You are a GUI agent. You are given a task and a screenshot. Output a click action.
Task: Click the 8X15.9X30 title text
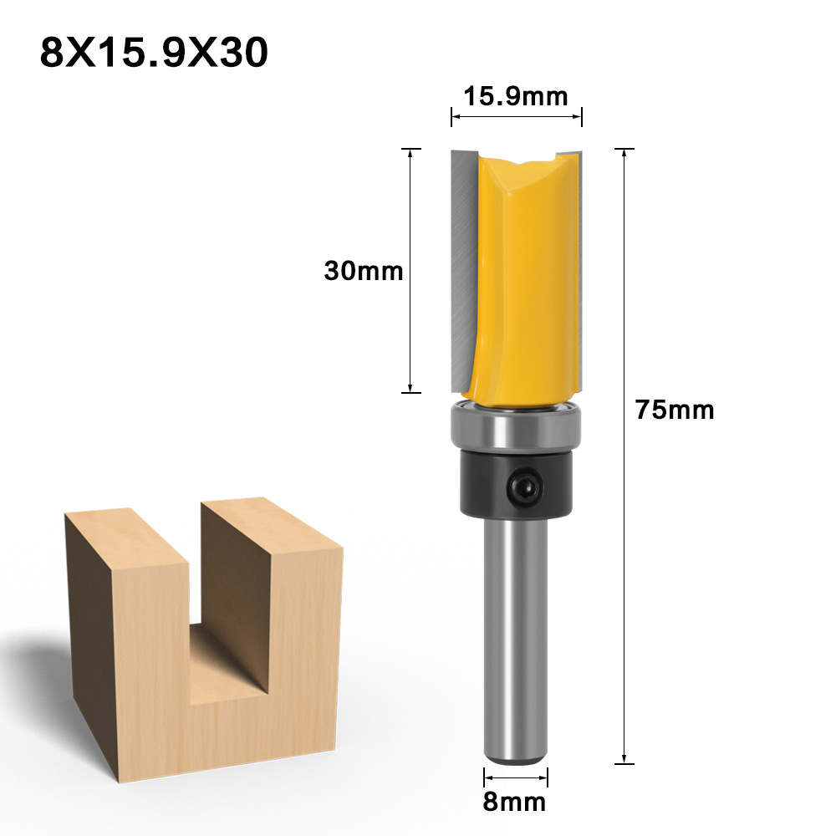pyautogui.click(x=154, y=53)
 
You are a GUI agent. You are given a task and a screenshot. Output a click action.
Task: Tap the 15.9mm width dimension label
pyautogui.click(x=516, y=96)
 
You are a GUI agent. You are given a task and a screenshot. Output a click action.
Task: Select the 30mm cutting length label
pyautogui.click(x=364, y=271)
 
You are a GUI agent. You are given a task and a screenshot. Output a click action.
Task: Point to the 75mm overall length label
pyautogui.click(x=675, y=410)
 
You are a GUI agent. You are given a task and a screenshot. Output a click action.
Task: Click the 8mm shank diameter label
pyautogui.click(x=515, y=803)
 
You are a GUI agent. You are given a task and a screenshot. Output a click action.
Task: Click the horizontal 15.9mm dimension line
pyautogui.click(x=516, y=117)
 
